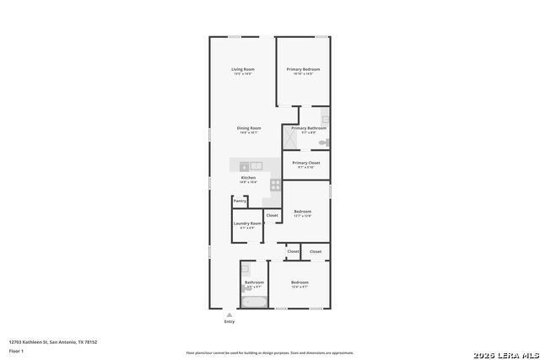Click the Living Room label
point(244,69)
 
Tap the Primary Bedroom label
point(303,69)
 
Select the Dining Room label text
point(249,128)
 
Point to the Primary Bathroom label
point(304,128)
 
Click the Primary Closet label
point(306,163)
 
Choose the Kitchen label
point(248,178)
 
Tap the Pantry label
point(240,201)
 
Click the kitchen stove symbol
point(275,184)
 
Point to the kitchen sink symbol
point(256,165)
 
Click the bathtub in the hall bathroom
point(253,300)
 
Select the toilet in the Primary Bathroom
point(324,142)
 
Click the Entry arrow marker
point(229,314)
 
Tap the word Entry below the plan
point(229,322)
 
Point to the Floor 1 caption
point(15,350)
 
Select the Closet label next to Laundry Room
point(272,216)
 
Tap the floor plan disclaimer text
point(270,353)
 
